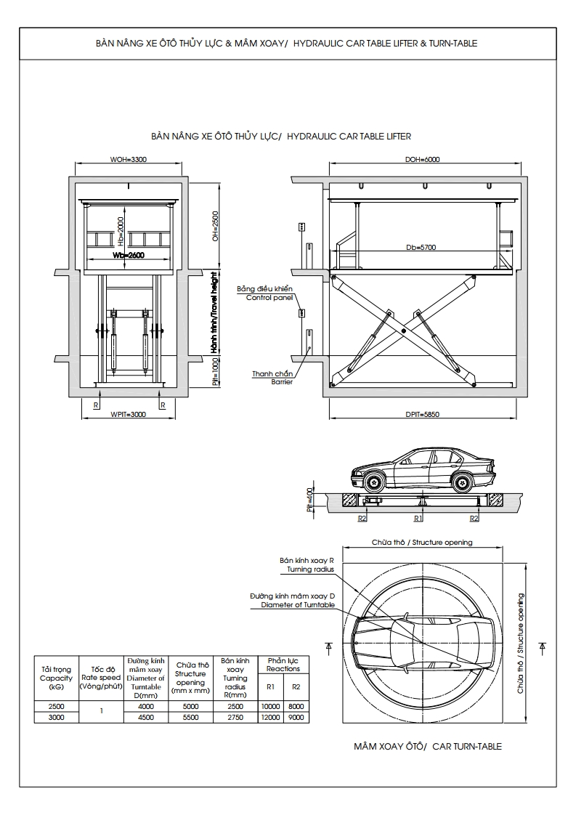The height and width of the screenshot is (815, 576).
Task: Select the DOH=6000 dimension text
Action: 422,159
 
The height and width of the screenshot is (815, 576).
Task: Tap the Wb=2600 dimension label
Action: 129,256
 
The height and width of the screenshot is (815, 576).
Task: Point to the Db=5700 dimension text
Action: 421,248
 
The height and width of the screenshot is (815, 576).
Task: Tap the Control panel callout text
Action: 269,298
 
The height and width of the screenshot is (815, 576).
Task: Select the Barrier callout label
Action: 282,381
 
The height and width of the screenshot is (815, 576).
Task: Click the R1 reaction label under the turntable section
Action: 418,519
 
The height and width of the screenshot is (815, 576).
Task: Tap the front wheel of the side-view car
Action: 374,481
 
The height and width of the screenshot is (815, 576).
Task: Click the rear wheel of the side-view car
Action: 461,481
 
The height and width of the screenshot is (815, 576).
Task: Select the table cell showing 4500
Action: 146,717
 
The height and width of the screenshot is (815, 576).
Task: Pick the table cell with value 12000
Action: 271,717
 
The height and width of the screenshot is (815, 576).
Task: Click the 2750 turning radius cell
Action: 235,717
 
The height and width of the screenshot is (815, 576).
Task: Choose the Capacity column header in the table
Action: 56,678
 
